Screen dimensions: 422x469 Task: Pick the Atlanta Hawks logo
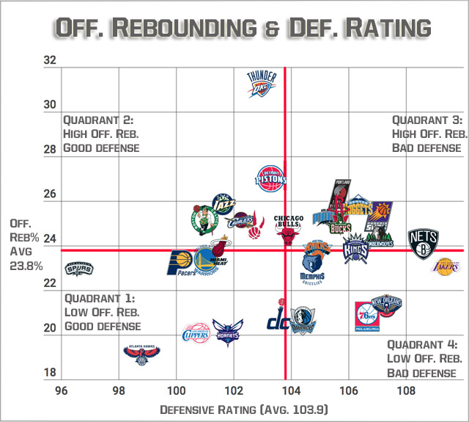(x=141, y=354)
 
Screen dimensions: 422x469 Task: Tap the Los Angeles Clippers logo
(x=196, y=332)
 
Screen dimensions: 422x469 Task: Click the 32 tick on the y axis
(x=50, y=60)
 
